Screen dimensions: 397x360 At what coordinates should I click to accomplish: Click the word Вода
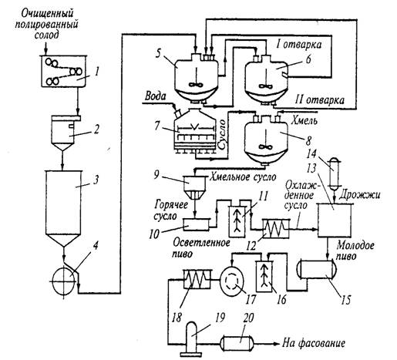click(155, 96)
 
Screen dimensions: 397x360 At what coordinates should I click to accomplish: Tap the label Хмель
click(304, 120)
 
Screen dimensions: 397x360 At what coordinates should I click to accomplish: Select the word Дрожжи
click(359, 195)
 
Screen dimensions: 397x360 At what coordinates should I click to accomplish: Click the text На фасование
click(314, 343)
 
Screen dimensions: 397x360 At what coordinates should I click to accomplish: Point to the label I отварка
click(298, 44)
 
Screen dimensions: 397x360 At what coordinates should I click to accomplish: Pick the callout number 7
click(158, 126)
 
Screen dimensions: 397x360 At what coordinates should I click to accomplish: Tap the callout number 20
click(248, 318)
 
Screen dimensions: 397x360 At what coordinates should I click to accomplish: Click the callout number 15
click(346, 300)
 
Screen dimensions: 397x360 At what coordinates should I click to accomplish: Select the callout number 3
click(96, 180)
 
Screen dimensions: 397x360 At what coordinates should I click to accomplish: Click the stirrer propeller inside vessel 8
click(264, 146)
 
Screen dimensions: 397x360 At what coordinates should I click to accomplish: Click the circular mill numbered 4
click(64, 281)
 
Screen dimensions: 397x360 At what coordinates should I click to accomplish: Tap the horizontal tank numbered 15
click(317, 269)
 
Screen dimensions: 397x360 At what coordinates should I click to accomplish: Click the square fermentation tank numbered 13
click(335, 220)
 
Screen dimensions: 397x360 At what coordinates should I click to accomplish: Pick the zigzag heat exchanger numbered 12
click(275, 228)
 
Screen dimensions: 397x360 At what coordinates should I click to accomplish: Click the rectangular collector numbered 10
click(196, 224)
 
